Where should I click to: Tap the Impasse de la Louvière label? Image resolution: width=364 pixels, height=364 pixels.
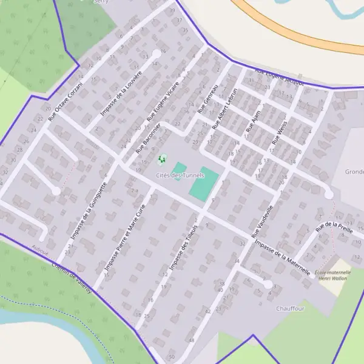tap(122, 93)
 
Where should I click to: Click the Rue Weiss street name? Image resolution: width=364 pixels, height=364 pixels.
tap(279, 131)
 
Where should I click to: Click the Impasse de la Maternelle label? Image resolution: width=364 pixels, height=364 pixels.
tap(283, 258)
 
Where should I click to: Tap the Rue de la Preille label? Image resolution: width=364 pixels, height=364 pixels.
tap(334, 227)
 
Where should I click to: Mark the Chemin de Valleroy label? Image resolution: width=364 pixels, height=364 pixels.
tap(72, 277)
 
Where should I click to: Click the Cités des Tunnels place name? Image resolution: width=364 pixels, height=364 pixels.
tap(178, 175)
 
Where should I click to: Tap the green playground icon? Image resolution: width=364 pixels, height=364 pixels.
tap(162, 160)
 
